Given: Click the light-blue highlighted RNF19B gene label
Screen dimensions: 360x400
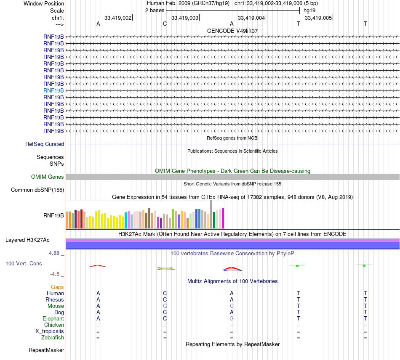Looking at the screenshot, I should tap(53, 90).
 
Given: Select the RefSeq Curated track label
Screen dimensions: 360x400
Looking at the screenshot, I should tap(45, 144).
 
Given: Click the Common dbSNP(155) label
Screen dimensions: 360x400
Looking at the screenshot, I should tap(37, 190).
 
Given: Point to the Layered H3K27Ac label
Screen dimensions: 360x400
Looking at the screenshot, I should tap(27, 240).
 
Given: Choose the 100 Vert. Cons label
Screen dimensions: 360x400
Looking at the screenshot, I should tap(24, 263).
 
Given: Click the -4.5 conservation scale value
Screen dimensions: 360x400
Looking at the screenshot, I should tap(56, 274).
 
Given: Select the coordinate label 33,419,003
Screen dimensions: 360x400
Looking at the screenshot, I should tap(184, 18).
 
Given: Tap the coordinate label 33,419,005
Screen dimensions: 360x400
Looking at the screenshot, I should tap(317, 18).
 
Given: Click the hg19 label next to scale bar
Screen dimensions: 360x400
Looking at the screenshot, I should tap(309, 10).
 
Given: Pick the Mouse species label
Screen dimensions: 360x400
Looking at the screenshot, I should tap(56, 306).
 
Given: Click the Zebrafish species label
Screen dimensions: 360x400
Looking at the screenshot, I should tap(53, 338).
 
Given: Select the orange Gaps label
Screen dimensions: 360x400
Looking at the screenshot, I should tap(57, 287).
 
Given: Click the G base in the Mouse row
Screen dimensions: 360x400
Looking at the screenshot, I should tap(165, 306).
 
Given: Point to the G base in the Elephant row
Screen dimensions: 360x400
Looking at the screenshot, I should tap(232, 319).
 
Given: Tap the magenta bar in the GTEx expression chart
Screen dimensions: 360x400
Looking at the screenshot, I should tap(223, 218).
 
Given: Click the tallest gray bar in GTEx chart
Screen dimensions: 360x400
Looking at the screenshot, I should tap(211, 214).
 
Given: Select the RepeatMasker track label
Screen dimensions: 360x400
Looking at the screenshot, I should tap(46, 350).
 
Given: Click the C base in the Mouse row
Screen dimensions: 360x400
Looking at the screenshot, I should tap(232, 306).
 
